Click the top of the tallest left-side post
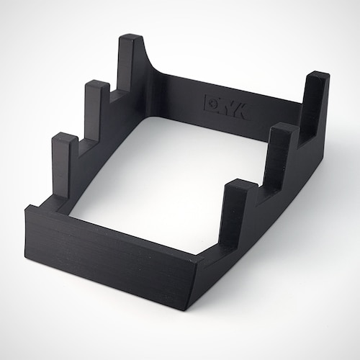click(130, 38)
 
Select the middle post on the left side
click(97, 108)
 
